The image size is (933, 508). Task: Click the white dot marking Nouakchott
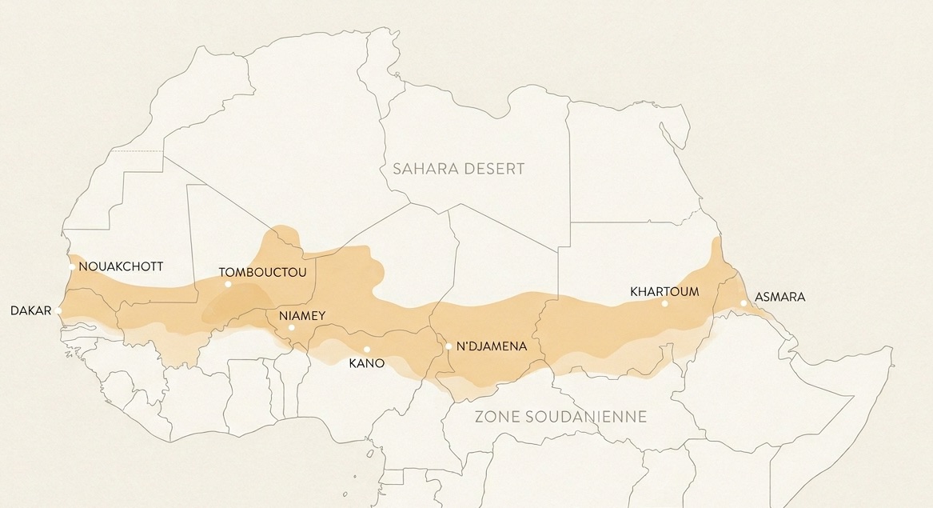pos(72,267)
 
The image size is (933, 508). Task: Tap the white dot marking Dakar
pos(59,310)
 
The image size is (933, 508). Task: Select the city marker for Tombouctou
pos(228,284)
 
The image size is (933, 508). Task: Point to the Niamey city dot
pos(292,327)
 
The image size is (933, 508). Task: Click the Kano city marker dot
pos(366,349)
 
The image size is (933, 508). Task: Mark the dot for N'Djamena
pos(449,346)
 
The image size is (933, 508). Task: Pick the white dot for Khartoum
pos(664,303)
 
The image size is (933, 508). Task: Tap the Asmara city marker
pos(744,302)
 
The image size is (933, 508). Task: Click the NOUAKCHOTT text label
pos(121,267)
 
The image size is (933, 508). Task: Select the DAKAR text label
pos(31,310)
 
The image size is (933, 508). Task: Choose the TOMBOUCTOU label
pos(262,273)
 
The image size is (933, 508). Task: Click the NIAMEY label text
pos(302,316)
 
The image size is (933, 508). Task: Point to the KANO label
pos(367,363)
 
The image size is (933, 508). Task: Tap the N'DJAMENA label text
pos(491,346)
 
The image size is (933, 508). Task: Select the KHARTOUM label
pos(664,291)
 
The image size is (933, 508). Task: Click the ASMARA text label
pos(779,298)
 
